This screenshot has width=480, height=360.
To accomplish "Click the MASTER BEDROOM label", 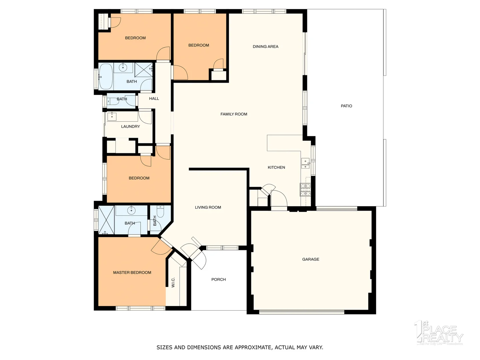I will tap(132, 273).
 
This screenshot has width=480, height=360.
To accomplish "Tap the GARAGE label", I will tap(311, 259).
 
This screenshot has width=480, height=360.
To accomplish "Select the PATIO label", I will tap(346, 106).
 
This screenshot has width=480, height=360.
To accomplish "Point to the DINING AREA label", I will tap(265, 47).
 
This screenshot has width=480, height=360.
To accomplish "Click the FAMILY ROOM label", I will tap(234, 114).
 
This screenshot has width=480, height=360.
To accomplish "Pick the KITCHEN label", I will tap(276, 168).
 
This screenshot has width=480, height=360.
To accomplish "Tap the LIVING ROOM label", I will tap(208, 207).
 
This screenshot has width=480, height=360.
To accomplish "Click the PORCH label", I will tap(218, 280).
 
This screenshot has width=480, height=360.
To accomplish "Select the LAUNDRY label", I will tap(130, 127).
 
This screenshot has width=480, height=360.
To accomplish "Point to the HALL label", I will tap(154, 99).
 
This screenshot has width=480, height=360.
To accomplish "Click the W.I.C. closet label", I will tap(173, 282).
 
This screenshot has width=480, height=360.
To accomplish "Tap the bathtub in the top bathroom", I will tap(106, 77).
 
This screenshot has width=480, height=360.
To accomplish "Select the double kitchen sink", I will tap(305, 164).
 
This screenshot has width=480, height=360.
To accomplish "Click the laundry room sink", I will tap(112, 116).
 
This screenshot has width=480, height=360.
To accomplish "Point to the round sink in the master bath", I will tap(131, 210).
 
